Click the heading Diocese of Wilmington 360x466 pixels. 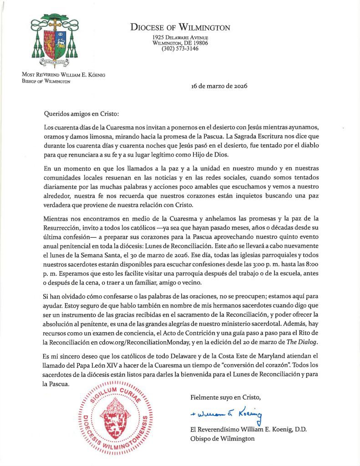point(180,27)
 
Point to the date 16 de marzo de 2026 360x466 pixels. point(219,86)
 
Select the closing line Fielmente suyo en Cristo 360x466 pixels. point(225,397)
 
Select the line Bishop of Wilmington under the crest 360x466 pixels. point(46,81)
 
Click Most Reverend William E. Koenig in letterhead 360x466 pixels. point(63,75)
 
